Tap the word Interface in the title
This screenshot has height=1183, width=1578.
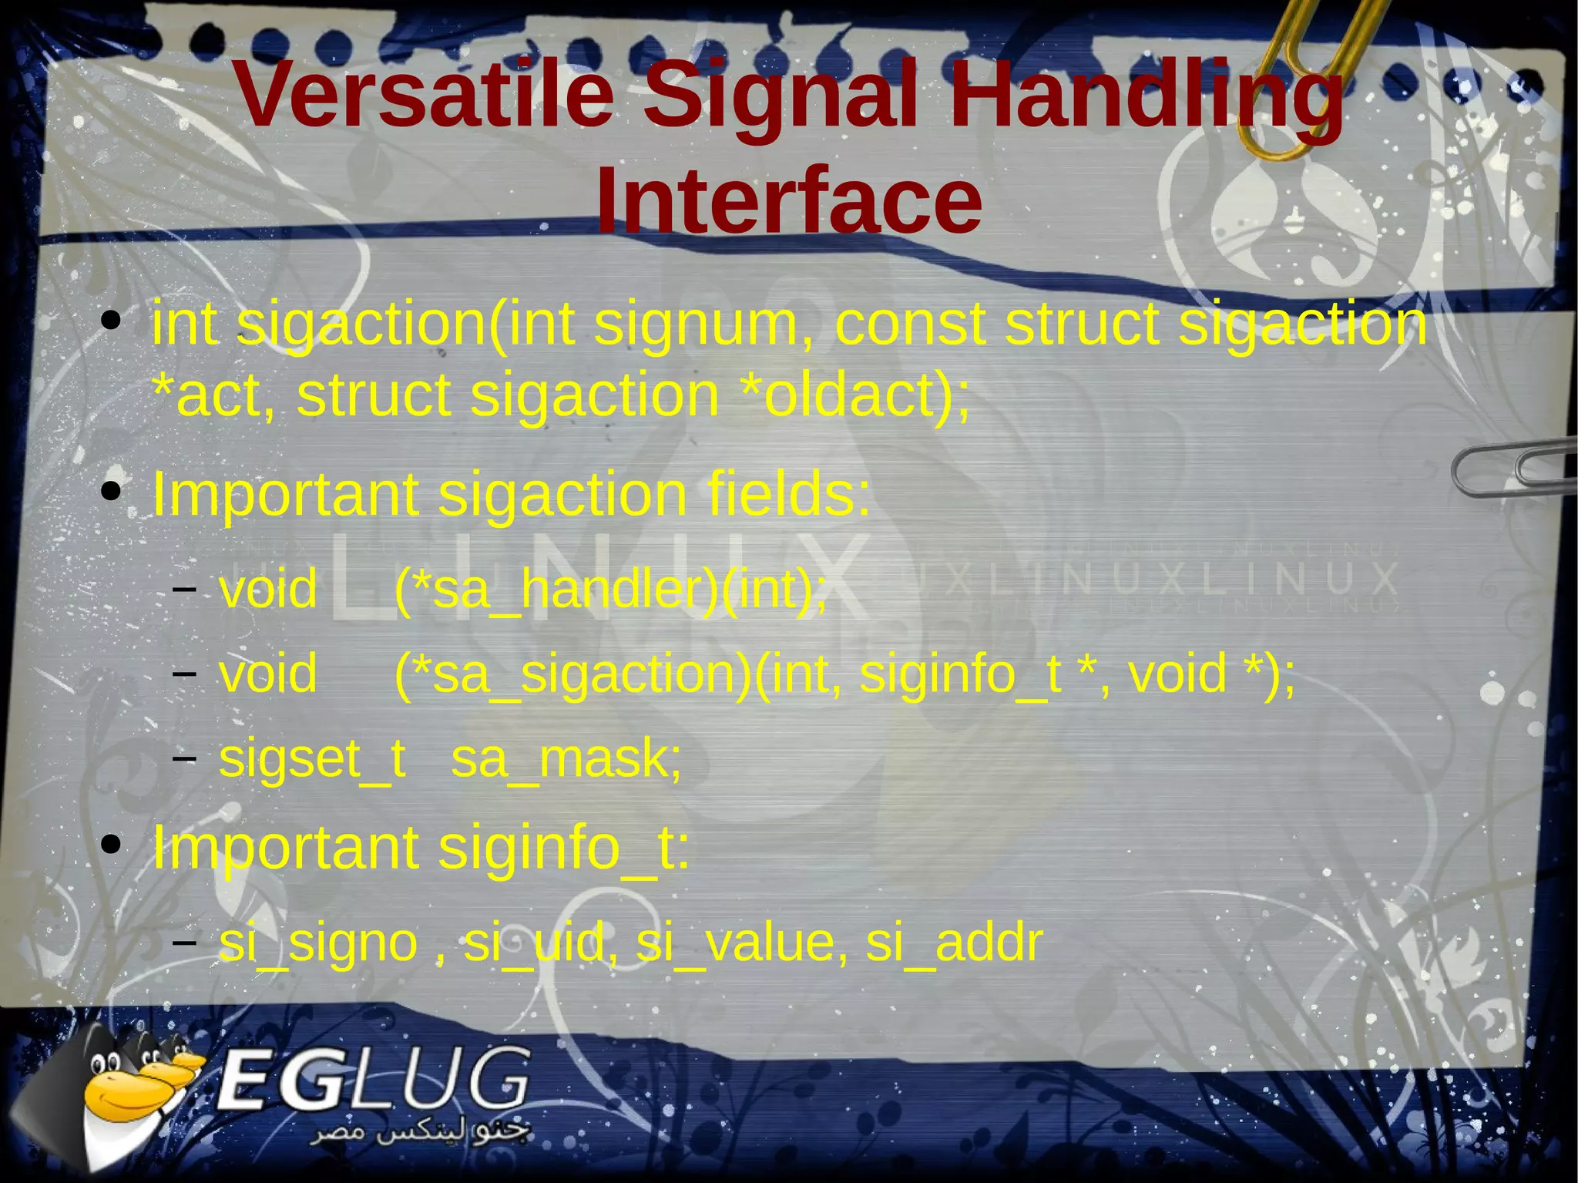[789, 201]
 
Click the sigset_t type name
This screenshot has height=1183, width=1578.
[312, 759]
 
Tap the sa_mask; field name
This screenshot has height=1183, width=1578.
[566, 759]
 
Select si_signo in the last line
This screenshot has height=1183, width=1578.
[318, 943]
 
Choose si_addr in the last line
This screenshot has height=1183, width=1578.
[954, 943]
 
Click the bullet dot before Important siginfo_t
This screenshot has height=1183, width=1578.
[112, 845]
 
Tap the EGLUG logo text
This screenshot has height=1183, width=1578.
[374, 1079]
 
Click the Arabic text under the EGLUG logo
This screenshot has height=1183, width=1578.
[420, 1133]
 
